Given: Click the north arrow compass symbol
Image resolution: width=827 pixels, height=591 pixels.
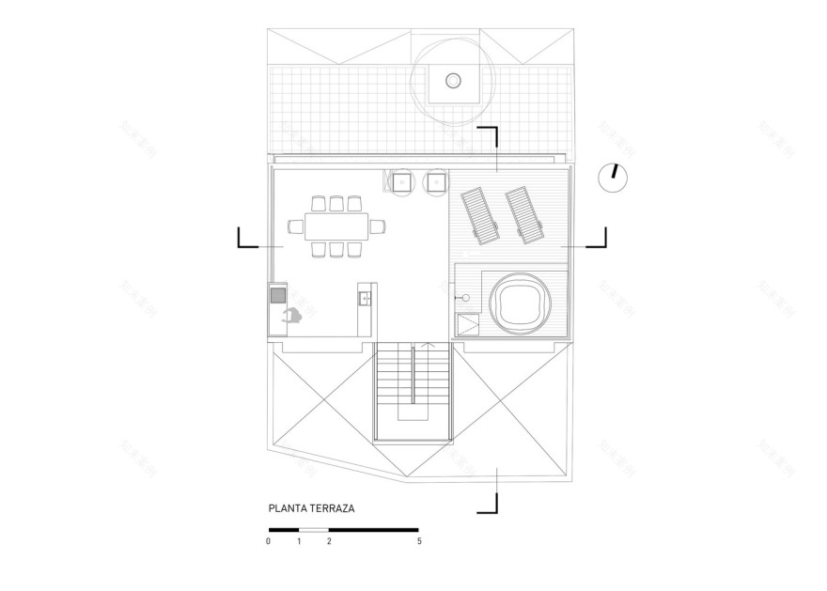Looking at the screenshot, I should (x=613, y=178).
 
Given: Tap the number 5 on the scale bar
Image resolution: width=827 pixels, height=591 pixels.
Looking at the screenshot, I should (x=418, y=542).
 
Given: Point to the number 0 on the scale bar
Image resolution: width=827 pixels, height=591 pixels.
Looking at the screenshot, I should (x=269, y=542).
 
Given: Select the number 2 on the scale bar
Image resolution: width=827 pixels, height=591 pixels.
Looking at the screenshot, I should (x=328, y=542).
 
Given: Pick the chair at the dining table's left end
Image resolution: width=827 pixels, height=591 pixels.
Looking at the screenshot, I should (x=293, y=226).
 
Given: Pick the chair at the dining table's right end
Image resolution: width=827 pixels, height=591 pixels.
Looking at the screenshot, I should (x=378, y=226).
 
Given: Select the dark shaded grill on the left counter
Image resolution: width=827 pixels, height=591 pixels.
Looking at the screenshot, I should (x=278, y=296).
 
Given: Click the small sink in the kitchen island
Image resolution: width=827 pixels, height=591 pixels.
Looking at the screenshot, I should (x=366, y=300).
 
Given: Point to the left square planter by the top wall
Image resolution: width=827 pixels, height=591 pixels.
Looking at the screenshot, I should (x=402, y=181).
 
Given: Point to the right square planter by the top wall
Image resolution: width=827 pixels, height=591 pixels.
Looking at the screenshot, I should (x=435, y=181).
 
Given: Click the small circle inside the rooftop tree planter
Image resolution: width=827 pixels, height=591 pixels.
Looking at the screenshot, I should (x=454, y=81).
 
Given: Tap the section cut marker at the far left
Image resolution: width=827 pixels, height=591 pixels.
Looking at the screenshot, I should (x=247, y=238).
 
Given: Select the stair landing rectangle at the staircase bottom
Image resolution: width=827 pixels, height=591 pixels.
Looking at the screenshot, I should (x=413, y=414).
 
